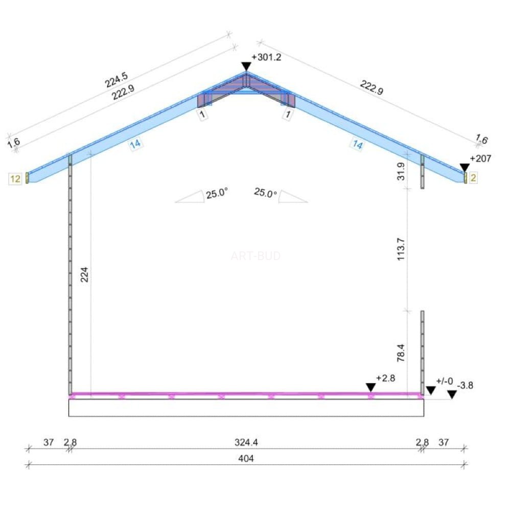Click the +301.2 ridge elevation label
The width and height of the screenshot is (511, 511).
pyautogui.click(x=266, y=57)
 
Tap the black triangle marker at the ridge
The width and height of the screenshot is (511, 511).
pyautogui.click(x=246, y=66)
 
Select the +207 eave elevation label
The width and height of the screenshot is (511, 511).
pyautogui.click(x=480, y=159)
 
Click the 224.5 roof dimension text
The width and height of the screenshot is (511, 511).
pyautogui.click(x=117, y=80)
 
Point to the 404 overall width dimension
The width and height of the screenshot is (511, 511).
pyautogui.click(x=246, y=458)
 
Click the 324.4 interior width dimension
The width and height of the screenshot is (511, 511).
pyautogui.click(x=246, y=442)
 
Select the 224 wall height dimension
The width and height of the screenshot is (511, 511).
pyautogui.click(x=84, y=274)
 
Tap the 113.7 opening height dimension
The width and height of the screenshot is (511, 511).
pyautogui.click(x=401, y=249)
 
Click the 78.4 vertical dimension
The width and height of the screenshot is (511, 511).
pyautogui.click(x=401, y=353)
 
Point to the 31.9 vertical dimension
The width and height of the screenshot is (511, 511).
pyautogui.click(x=401, y=171)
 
